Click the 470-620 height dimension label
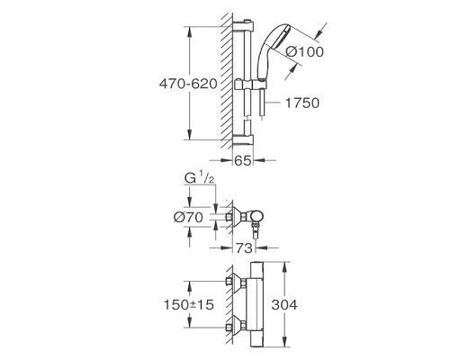tap(188, 84)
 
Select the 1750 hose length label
tap(301, 103)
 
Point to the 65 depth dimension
tap(242, 161)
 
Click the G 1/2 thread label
tap(199, 178)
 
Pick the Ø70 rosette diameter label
tap(188, 217)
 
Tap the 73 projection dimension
tap(244, 248)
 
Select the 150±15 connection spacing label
tap(188, 305)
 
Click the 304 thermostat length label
tap(284, 305)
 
